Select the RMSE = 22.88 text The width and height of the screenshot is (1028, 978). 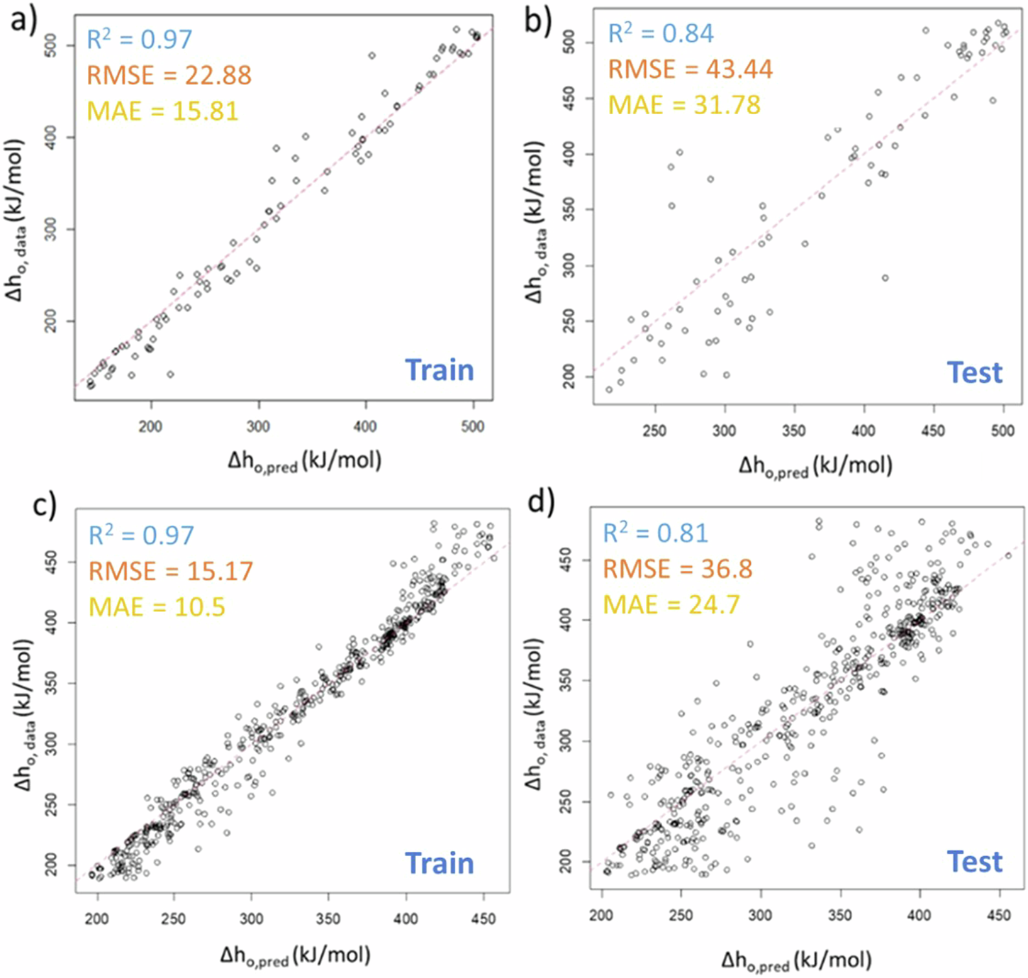click(x=169, y=75)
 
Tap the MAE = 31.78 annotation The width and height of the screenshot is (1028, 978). click(x=684, y=105)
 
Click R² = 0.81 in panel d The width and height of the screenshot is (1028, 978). click(x=655, y=533)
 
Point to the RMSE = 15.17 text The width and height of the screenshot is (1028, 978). click(x=170, y=571)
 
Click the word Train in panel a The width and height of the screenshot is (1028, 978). click(x=439, y=370)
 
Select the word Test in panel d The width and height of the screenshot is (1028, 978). click(x=975, y=862)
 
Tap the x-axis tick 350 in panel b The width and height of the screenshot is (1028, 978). click(x=793, y=430)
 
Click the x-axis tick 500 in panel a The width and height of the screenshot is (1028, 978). click(x=473, y=426)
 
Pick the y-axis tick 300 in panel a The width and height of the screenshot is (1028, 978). click(x=51, y=229)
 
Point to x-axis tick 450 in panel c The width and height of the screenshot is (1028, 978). click(x=483, y=918)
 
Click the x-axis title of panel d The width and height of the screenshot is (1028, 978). click(x=796, y=961)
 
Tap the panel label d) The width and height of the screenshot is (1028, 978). click(x=542, y=501)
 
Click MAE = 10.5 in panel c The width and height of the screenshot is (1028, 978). click(x=157, y=607)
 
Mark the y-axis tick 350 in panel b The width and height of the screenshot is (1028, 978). click(x=569, y=210)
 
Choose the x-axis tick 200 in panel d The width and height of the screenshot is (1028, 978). click(x=601, y=916)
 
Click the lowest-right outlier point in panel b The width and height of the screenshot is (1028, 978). click(x=885, y=278)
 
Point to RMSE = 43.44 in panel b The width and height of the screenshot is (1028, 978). click(x=690, y=70)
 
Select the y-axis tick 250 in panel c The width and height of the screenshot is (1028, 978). click(x=51, y=804)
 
